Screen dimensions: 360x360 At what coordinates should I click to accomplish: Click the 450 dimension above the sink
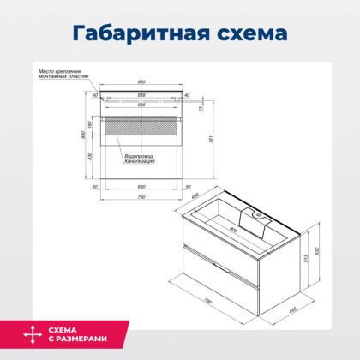196,196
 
